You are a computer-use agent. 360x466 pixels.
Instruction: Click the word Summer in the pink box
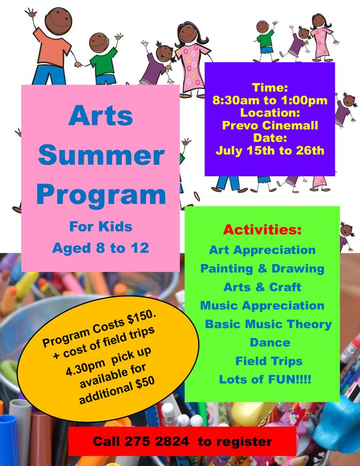pos(101,156)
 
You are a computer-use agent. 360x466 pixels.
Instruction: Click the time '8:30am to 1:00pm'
pos(270,101)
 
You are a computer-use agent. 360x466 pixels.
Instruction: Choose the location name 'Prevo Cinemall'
pos(270,126)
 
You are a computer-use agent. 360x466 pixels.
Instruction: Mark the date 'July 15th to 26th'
pos(270,150)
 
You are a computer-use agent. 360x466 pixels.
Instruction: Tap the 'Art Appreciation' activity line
pos(262,250)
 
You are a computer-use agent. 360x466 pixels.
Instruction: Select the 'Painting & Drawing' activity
pos(262,268)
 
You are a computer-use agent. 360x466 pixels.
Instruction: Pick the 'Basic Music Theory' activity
pos(268,324)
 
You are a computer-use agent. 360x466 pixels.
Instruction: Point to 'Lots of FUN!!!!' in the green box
pos(265,379)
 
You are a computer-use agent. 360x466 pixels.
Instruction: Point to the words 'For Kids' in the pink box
pos(101,226)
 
